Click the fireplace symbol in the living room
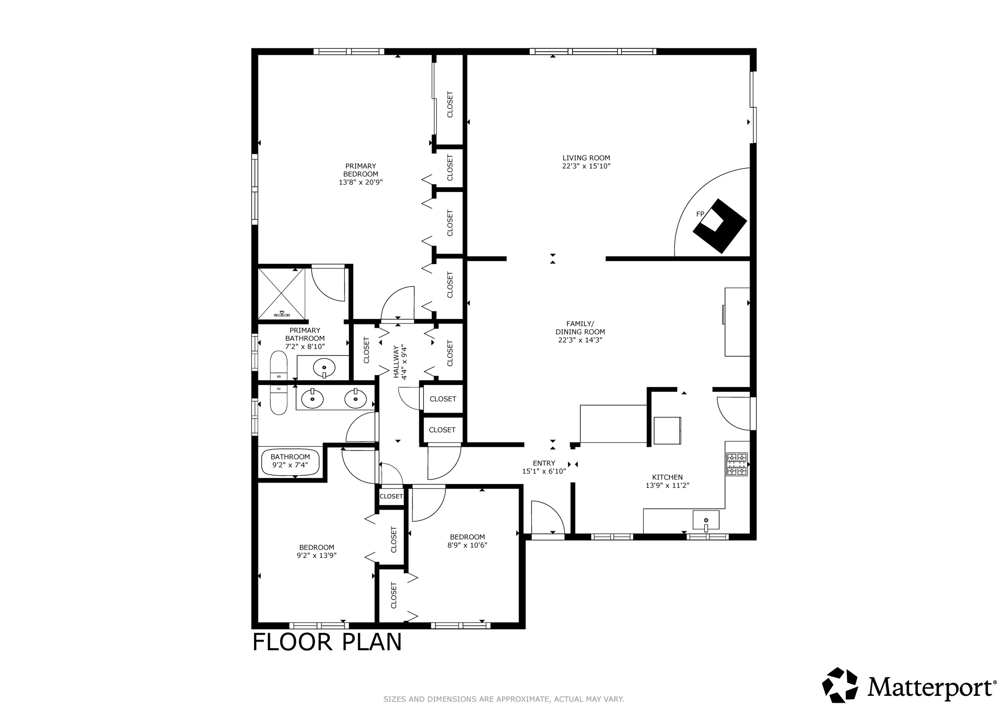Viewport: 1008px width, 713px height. pyautogui.click(x=720, y=227)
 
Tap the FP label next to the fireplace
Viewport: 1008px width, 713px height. pyautogui.click(x=700, y=214)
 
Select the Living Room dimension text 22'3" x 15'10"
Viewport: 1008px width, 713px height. pyautogui.click(x=586, y=166)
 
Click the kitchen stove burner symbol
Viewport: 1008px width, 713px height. pyautogui.click(x=737, y=464)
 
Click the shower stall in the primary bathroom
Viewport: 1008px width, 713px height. pyautogui.click(x=281, y=293)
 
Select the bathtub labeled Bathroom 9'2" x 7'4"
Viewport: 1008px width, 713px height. pyautogui.click(x=290, y=462)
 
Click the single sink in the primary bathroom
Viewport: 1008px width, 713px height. pyautogui.click(x=324, y=367)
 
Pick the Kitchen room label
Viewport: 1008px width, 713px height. pyautogui.click(x=667, y=477)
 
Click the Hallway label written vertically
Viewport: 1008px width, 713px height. pyautogui.click(x=396, y=362)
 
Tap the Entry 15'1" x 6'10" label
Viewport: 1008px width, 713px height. pyautogui.click(x=544, y=467)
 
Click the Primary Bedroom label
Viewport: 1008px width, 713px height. pyautogui.click(x=360, y=170)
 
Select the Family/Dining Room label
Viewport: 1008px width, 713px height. pyautogui.click(x=580, y=327)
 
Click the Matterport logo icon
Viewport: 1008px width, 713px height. pyautogui.click(x=841, y=684)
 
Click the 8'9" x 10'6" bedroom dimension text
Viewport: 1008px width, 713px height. pyautogui.click(x=467, y=545)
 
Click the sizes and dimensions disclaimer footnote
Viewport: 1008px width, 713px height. pyautogui.click(x=504, y=699)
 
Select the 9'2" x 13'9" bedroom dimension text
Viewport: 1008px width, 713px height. pyautogui.click(x=316, y=555)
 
